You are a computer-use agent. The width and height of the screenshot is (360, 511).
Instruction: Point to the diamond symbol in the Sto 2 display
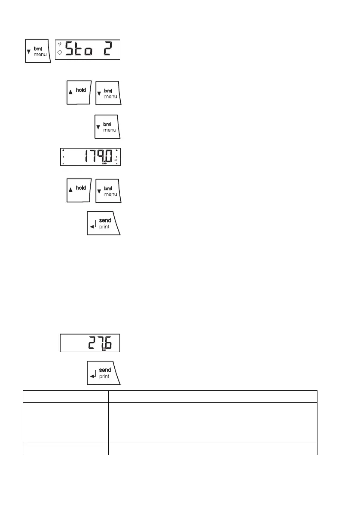(x=60, y=52)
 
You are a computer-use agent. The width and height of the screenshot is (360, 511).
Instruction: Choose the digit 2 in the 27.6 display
(x=92, y=342)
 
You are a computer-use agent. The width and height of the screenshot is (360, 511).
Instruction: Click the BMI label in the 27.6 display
(x=104, y=350)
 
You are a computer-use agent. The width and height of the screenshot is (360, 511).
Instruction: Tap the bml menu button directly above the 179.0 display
(x=107, y=127)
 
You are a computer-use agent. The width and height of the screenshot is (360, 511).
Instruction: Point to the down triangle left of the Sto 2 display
(x=29, y=52)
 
